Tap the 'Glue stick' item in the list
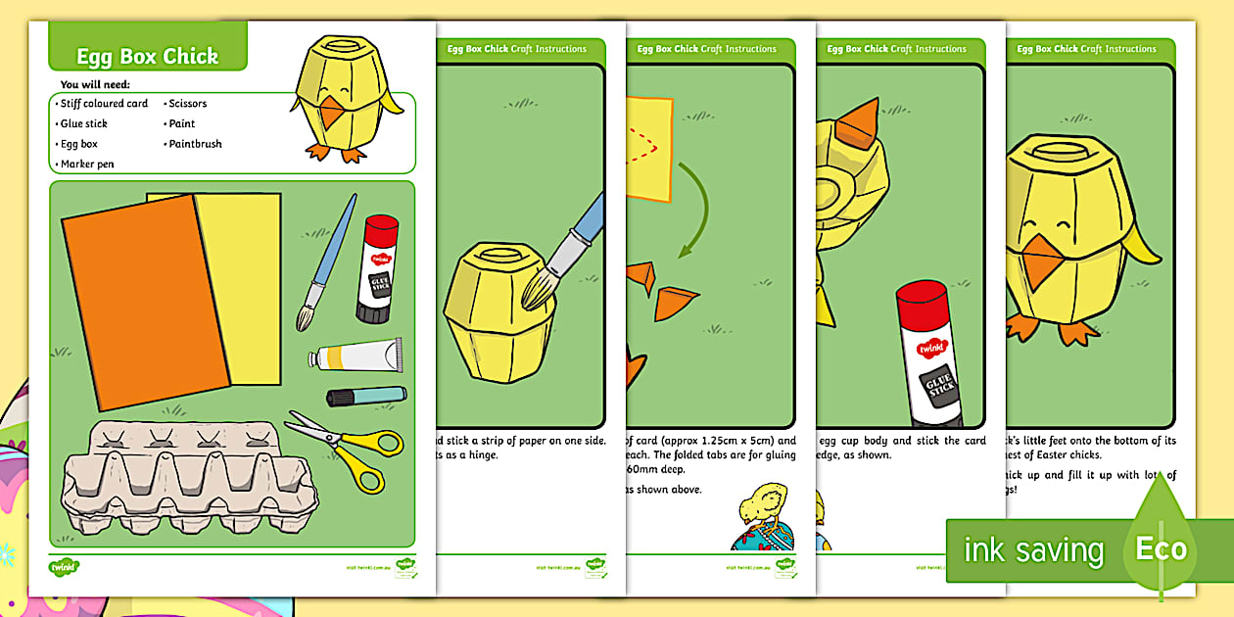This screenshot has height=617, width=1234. (83, 123)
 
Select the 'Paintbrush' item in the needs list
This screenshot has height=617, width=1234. (195, 144)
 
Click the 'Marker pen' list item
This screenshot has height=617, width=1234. (87, 165)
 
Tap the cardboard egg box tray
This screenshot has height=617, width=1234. (186, 479)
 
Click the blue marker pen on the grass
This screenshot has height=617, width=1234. (365, 396)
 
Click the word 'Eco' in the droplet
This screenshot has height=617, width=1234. (1161, 548)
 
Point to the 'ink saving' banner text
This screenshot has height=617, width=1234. (1032, 550)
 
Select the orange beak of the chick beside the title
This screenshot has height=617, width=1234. (332, 113)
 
